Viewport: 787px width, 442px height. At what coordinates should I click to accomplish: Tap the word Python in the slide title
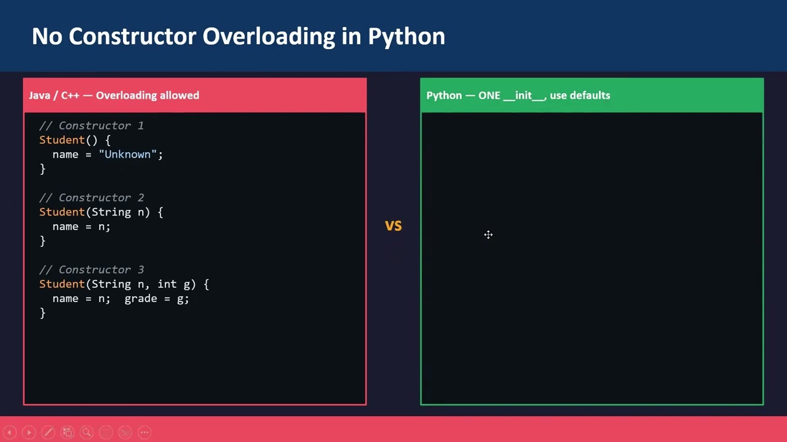point(406,37)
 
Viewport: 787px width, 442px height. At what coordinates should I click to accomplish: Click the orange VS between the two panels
point(393,226)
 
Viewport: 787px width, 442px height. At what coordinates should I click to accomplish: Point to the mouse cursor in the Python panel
point(488,235)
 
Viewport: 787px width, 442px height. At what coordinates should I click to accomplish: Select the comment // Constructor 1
point(92,125)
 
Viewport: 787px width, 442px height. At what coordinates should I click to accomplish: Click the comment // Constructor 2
point(92,198)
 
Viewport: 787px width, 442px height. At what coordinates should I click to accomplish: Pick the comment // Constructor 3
point(92,269)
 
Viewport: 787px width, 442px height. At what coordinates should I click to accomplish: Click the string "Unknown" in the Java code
point(128,154)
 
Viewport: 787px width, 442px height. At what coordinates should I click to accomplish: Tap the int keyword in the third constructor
point(167,284)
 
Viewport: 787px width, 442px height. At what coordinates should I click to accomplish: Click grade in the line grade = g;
point(141,298)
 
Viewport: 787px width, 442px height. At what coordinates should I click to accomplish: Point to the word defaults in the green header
point(590,95)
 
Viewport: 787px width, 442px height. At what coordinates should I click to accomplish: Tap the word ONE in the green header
point(489,95)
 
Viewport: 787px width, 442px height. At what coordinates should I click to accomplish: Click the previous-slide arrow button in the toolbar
point(10,433)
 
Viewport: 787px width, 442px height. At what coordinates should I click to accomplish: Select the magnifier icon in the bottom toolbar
point(87,433)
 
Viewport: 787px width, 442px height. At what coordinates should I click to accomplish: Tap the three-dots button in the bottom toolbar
point(144,433)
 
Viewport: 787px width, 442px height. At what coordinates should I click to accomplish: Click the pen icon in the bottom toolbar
point(48,433)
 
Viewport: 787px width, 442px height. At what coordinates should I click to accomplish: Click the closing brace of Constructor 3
point(42,313)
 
